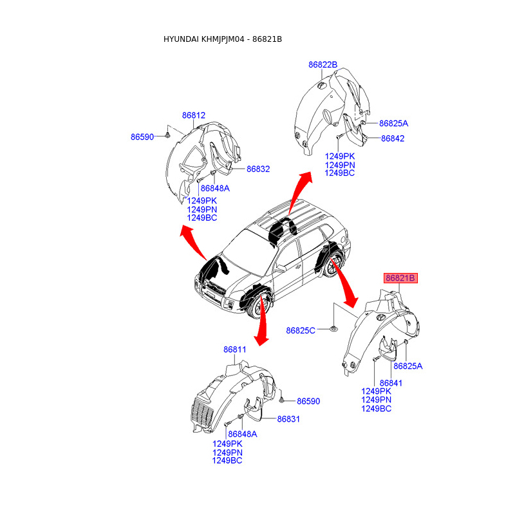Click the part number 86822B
coord(323,64)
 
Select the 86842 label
coord(392,138)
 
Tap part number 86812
coord(193,115)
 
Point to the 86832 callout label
coord(257,169)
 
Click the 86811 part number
coord(235,350)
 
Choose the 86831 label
coord(289,419)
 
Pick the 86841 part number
coord(391,383)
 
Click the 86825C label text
coord(301,331)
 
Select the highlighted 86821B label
coord(401,278)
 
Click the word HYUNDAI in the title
coord(181,40)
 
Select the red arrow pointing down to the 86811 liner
coord(261,322)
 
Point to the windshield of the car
coord(243,244)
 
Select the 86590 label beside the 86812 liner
coord(142,137)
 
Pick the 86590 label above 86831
coord(308,401)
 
